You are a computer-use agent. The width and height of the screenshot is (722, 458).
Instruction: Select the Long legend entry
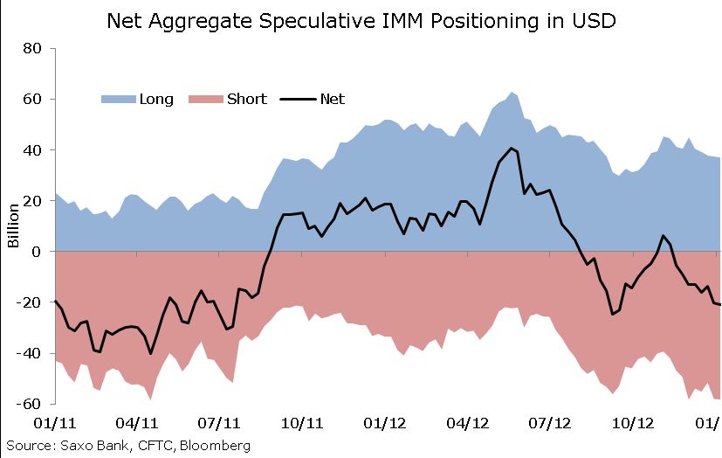pos(156,99)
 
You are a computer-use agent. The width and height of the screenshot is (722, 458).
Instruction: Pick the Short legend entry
pos(246,99)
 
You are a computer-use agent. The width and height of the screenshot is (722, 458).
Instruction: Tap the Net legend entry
pos(333,99)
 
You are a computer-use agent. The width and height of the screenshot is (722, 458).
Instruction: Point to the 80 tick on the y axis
pos(32,48)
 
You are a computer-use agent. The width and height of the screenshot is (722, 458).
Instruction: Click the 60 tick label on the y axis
pos(32,99)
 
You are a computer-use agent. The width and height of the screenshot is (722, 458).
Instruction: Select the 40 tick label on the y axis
pos(32,149)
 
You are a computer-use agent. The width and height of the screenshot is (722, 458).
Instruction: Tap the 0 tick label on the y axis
pos(38,252)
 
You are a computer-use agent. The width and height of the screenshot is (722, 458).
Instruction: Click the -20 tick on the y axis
pos(30,302)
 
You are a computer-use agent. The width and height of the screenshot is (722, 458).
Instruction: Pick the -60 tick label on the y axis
pos(30,404)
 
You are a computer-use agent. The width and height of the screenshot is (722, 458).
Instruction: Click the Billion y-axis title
pos(14,225)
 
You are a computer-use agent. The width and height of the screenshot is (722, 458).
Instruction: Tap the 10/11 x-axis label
pos(303,423)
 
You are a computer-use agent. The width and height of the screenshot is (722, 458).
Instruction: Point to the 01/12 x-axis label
pos(385,423)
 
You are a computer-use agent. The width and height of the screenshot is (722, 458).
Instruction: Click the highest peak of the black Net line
pos(512,149)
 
